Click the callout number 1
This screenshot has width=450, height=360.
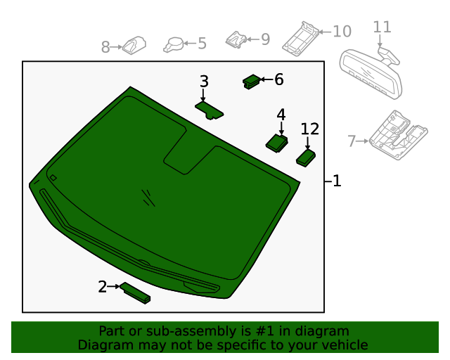337,181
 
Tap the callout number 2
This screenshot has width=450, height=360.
103,286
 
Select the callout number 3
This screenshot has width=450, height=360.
204,82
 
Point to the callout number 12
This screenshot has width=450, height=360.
309,129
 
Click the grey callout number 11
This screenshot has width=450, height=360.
382,27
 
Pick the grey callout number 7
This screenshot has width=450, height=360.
352,141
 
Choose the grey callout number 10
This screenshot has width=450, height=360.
342,32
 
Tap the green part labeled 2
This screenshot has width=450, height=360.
135,292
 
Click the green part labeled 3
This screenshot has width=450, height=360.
210,110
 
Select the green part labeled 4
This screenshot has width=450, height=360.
276,143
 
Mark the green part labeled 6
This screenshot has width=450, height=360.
252,82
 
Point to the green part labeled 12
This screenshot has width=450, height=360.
306,158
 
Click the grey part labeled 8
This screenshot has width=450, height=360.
134,46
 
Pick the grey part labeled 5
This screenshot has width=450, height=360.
174,45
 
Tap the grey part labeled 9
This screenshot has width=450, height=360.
236,40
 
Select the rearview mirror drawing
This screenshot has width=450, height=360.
371,72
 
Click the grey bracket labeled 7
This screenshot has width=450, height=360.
399,135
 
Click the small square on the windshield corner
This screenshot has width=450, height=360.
53,178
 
